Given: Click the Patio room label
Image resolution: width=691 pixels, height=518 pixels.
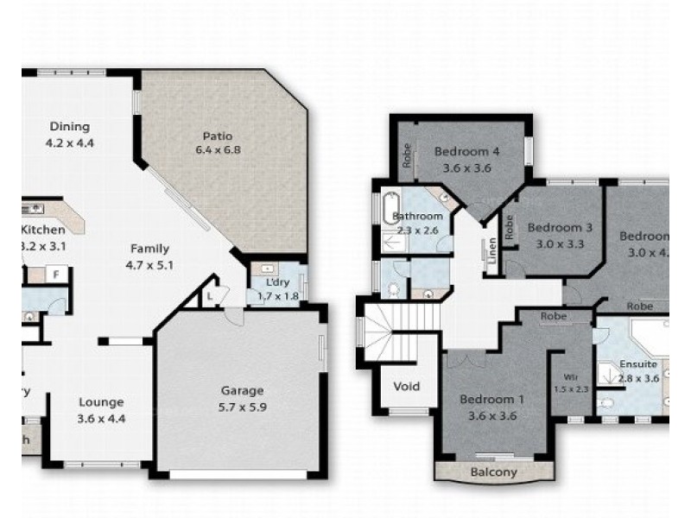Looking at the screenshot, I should coord(217,136).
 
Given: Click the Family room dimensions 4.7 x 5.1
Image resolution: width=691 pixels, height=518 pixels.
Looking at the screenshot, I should coord(149,265).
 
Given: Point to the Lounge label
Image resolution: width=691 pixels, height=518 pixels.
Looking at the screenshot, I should coord(101,401).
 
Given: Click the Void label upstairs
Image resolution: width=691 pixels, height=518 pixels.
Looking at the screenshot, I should coord(406,386).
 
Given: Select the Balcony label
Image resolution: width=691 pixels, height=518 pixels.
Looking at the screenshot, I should coord(493,472).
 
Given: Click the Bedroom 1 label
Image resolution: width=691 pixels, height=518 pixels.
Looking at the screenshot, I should coord(491,399).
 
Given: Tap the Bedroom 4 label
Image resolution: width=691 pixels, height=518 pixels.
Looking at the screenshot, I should coord(467,153).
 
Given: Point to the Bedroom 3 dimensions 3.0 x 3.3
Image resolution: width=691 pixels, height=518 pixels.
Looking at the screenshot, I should coord(559,243).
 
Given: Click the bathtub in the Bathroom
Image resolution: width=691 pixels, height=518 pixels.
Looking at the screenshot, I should coord(385,208).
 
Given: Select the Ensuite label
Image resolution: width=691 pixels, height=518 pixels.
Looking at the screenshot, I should coord(638,364).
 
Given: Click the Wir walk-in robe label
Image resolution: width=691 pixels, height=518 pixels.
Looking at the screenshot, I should coord(571,376).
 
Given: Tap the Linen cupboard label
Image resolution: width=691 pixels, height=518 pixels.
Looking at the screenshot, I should coord(491,251).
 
